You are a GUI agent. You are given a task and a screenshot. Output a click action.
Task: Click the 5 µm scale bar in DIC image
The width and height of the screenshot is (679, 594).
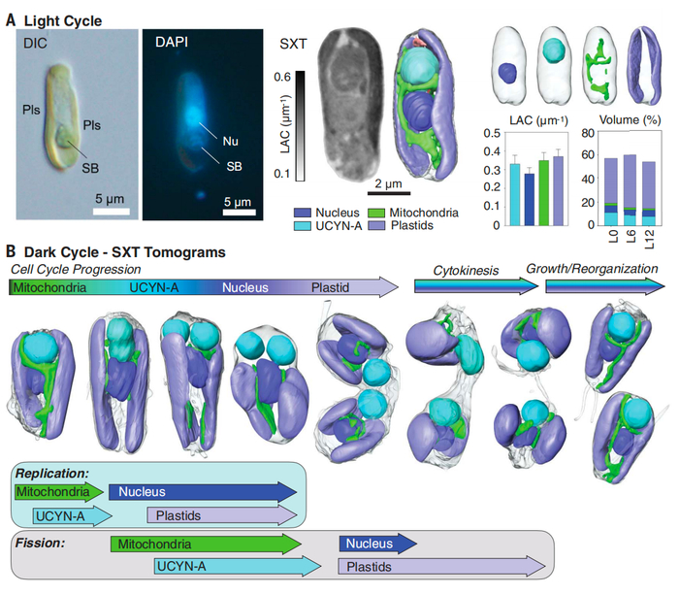coord(113,210)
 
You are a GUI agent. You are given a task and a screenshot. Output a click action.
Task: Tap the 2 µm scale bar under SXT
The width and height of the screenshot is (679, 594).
coord(366,192)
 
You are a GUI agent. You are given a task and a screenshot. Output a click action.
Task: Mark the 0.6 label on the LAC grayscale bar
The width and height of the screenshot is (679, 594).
coord(282,77)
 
